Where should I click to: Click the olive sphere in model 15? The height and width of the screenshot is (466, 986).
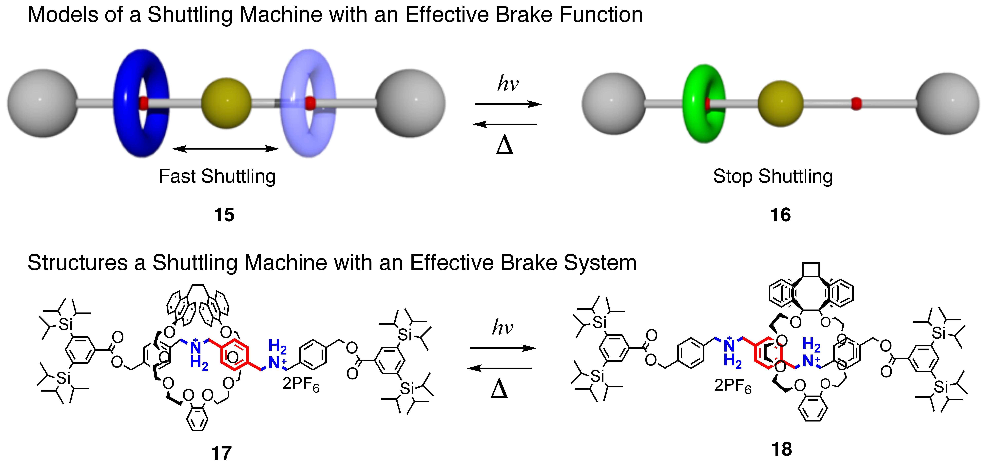[226, 103]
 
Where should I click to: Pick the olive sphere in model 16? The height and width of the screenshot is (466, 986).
[780, 103]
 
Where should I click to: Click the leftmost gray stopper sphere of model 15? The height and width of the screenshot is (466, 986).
[42, 103]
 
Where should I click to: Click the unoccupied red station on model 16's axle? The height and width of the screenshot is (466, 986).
[856, 103]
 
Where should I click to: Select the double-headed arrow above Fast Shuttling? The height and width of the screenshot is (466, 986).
[226, 149]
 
